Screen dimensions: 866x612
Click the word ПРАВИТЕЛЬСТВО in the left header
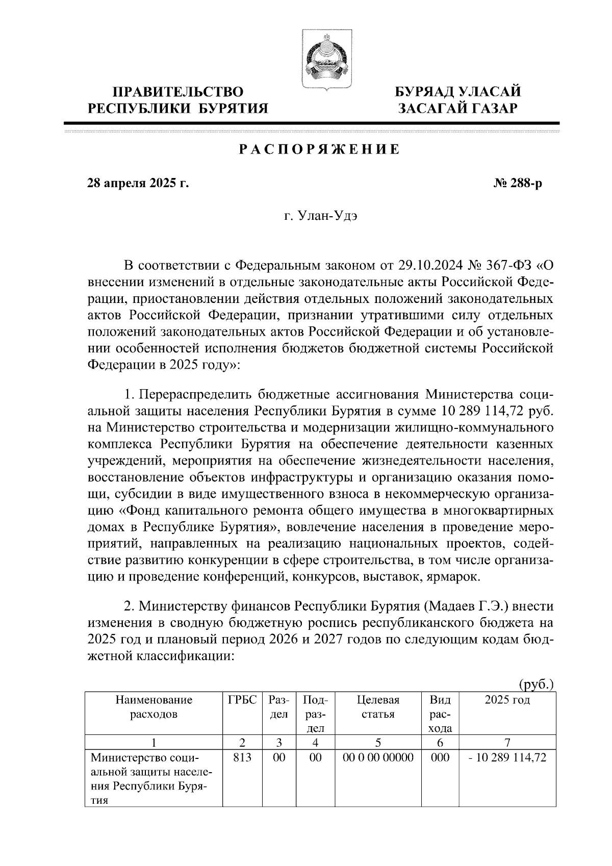(178, 92)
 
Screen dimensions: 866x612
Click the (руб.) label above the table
(536, 683)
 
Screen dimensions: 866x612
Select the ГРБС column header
(242, 700)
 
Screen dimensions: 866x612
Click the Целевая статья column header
(378, 707)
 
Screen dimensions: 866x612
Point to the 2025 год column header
(507, 700)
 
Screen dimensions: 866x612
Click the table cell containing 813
(242, 757)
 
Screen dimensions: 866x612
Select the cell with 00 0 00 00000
(378, 757)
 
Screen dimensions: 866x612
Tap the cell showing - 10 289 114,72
(507, 757)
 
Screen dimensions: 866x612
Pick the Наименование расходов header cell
(154, 707)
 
